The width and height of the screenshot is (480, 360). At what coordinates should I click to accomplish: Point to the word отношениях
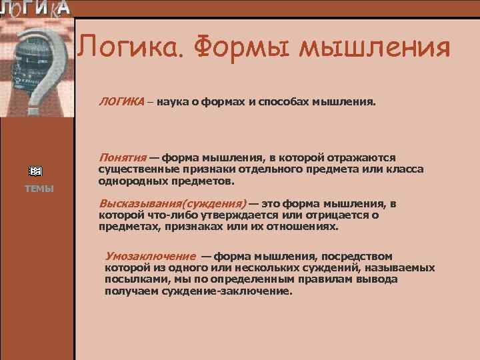tap(303, 226)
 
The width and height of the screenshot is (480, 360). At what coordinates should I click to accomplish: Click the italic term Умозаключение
tap(150, 256)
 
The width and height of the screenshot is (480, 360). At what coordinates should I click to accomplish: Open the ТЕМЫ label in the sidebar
tap(39, 189)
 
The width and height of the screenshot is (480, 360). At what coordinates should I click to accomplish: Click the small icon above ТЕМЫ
tap(39, 171)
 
